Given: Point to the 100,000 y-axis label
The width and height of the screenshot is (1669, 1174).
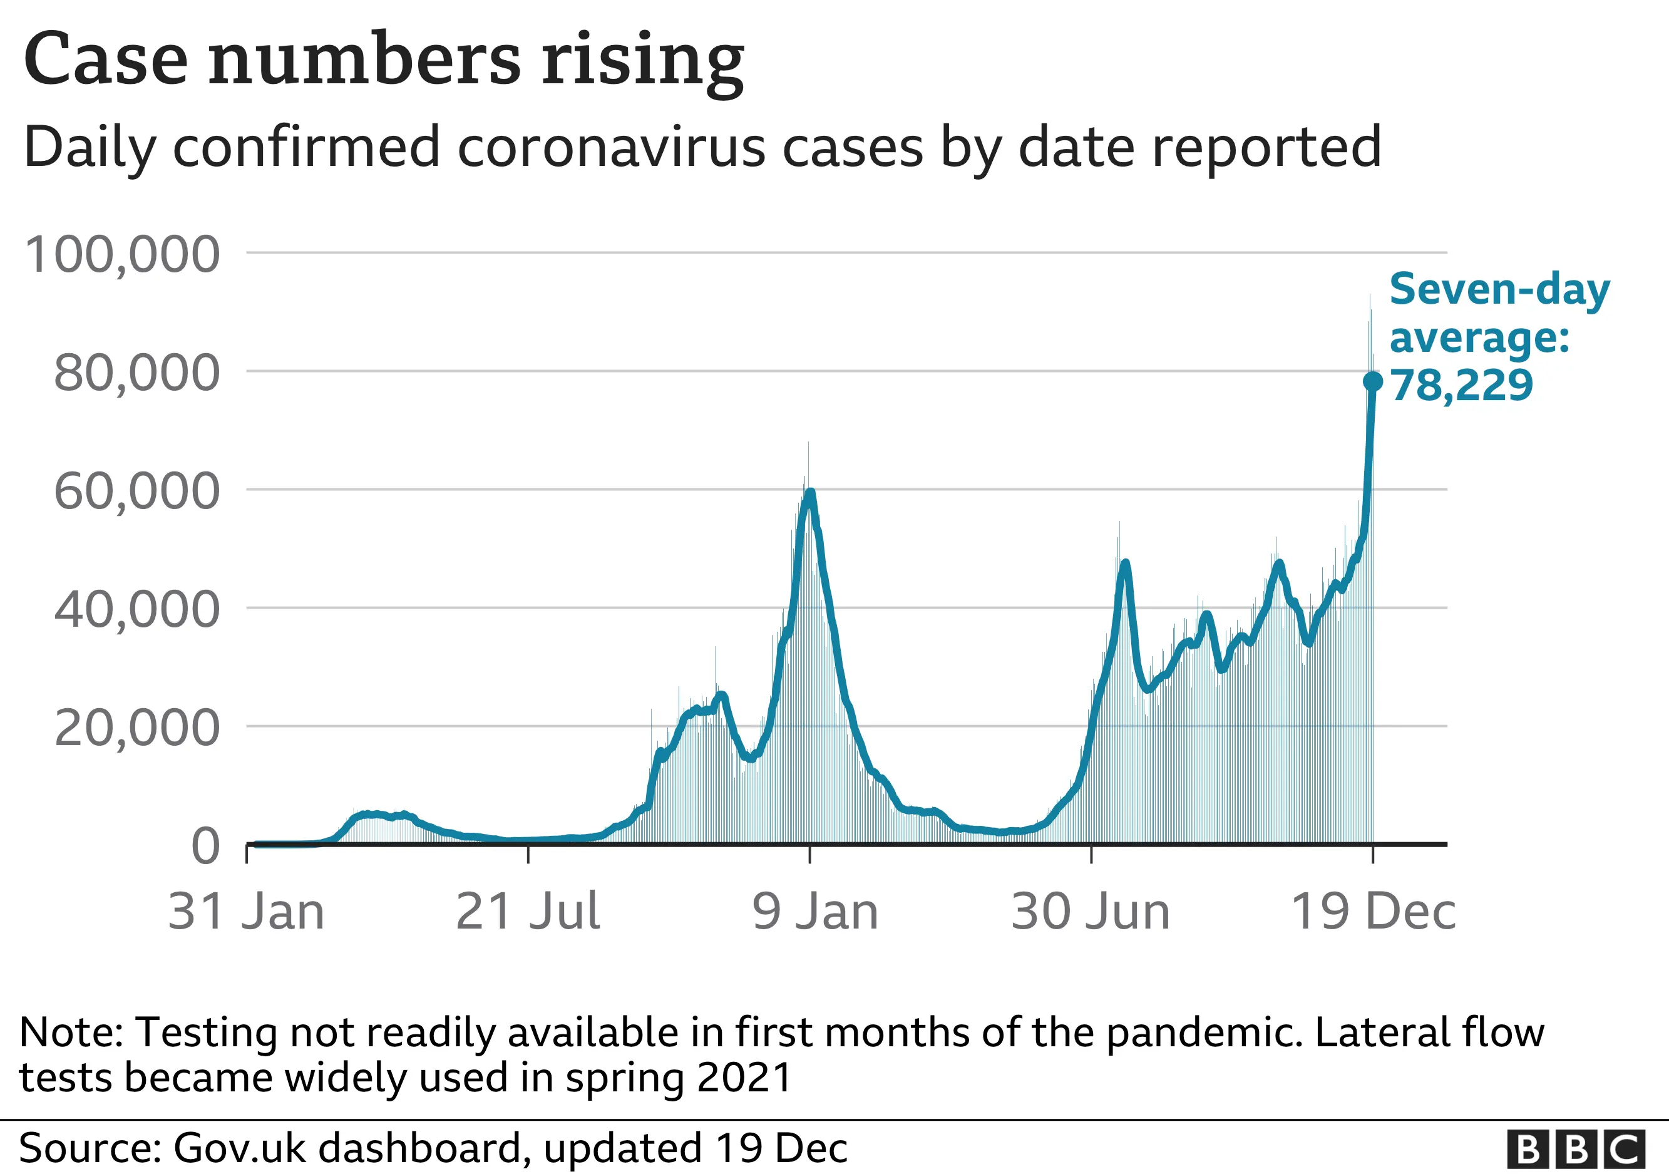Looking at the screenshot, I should tap(122, 254).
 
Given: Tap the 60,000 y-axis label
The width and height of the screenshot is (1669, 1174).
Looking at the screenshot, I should tap(136, 491).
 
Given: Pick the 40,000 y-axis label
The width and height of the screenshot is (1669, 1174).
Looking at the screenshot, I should tap(136, 609).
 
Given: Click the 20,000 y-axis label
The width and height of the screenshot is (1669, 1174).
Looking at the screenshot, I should tap(136, 728).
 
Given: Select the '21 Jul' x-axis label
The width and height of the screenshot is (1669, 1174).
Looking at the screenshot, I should tap(528, 912).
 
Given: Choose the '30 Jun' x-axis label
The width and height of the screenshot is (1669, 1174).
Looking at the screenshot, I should tap(1091, 912).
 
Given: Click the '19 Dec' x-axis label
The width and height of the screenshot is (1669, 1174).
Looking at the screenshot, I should tap(1373, 912).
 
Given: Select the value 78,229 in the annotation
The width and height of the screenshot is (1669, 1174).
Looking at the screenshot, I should tap(1461, 385).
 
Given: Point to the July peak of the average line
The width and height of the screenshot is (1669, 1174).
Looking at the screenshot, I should tap(1125, 564).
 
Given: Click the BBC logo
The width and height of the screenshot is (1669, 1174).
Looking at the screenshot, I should tap(1576, 1150).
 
